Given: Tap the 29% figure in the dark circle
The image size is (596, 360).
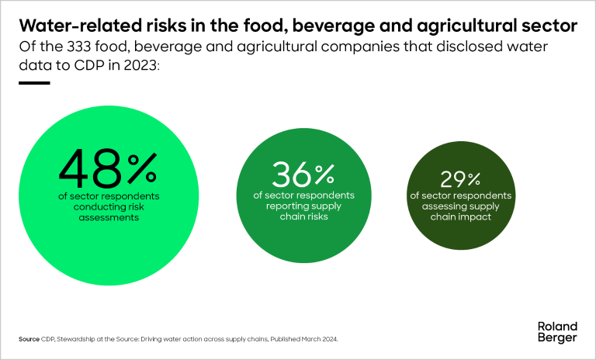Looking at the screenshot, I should pos(462,179).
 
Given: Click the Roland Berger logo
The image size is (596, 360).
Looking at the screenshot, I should pos(557,332).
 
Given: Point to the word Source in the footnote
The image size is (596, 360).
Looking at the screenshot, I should pos(29,340).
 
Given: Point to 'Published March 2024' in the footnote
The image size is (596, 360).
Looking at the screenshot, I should pos(306,340).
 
